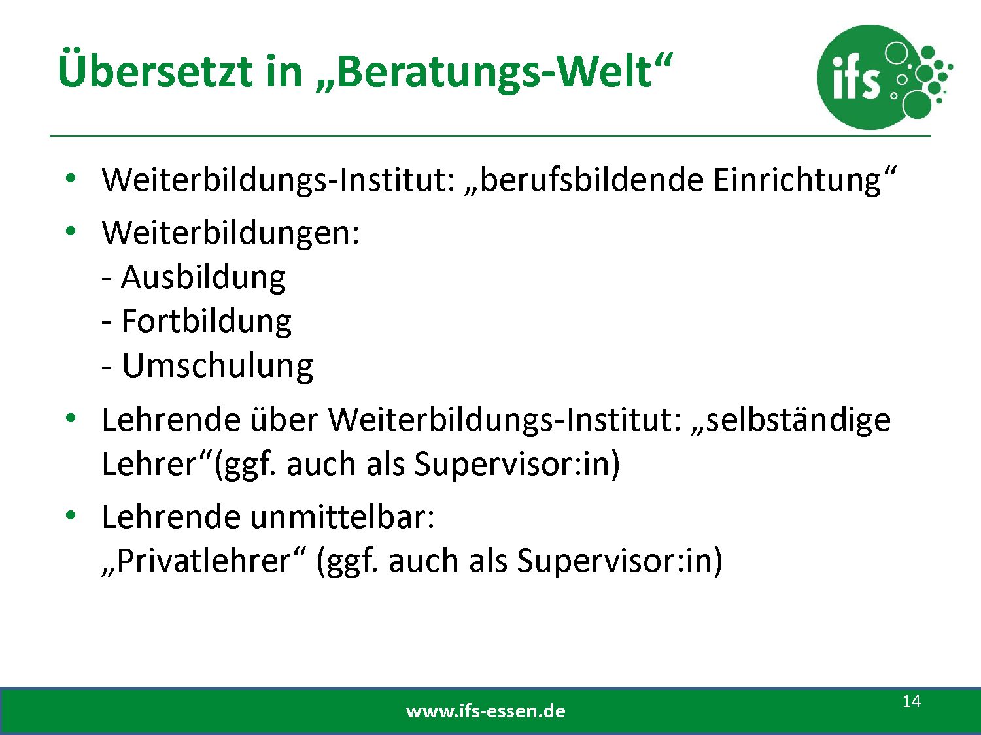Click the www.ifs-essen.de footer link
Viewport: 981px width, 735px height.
pos(486,711)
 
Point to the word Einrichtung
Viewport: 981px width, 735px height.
pos(797,180)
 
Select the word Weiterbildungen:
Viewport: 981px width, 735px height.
pos(231,233)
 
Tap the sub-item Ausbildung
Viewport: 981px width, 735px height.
pos(203,278)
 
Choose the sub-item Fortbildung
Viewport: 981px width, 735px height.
pos(206,321)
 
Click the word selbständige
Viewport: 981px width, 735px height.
pos(799,420)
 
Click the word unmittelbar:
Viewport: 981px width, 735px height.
pos(342,517)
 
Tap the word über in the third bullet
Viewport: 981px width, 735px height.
pos(284,419)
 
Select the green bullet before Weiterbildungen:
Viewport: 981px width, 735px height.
pos(71,231)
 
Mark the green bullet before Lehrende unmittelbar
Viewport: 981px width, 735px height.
pos(71,515)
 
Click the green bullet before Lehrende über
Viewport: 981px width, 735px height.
pos(71,418)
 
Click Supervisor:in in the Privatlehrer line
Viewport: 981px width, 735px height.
pos(619,562)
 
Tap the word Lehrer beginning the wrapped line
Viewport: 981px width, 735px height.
pos(149,464)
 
